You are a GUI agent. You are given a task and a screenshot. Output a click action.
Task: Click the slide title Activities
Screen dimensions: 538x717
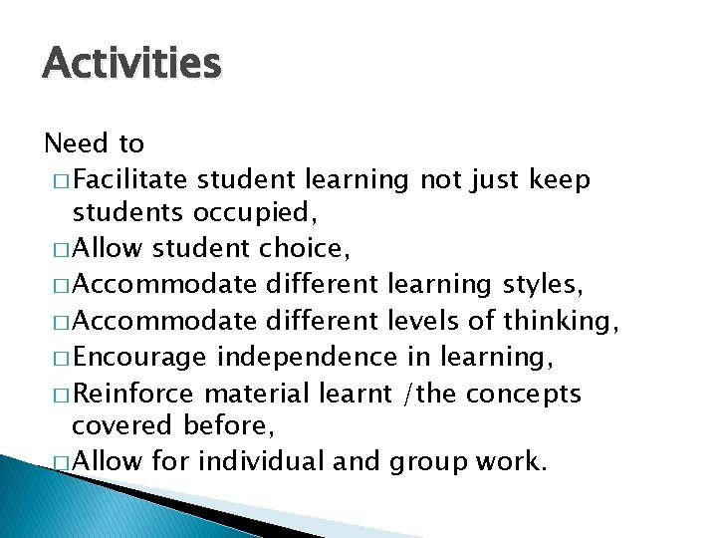(x=131, y=64)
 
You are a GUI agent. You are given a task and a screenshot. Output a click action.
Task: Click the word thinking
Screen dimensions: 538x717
(x=562, y=321)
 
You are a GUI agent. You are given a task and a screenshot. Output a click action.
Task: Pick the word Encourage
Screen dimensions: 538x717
(x=140, y=357)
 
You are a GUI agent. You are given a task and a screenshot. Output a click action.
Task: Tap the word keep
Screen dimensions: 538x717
(x=561, y=180)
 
